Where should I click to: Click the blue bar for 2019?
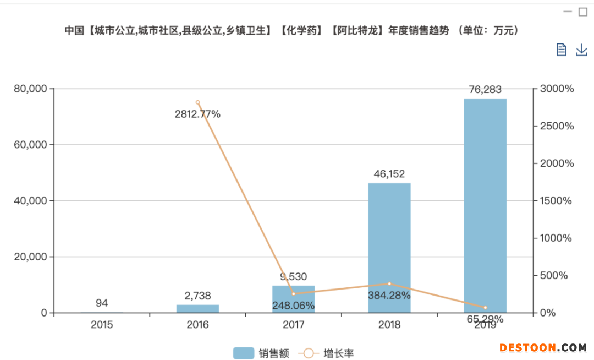[485, 205]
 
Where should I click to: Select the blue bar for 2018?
[389, 248]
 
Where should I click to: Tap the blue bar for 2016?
[197, 308]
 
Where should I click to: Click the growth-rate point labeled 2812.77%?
[197, 102]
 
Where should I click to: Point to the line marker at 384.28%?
[389, 284]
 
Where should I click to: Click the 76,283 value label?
[485, 90]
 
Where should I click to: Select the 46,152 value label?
[389, 174]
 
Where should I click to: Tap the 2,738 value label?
[197, 296]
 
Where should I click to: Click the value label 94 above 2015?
[102, 303]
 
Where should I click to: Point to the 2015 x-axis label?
[102, 325]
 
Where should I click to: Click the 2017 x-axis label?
[294, 325]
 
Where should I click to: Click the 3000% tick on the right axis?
[557, 89]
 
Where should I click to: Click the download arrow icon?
[581, 50]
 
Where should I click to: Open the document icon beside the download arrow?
[561, 50]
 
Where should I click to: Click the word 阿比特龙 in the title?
[357, 31]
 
